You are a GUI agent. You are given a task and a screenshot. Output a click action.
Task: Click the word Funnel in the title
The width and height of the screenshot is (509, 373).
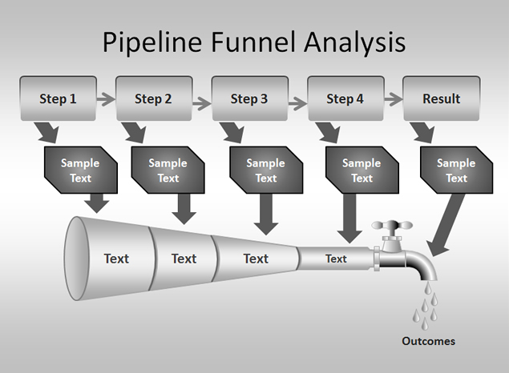[x=253, y=42]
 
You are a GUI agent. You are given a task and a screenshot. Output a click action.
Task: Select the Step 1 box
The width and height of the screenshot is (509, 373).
[x=58, y=98]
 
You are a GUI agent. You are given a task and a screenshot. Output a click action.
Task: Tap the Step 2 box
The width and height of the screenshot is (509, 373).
[x=154, y=98]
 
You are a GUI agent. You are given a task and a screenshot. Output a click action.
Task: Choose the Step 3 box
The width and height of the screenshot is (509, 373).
[x=249, y=98]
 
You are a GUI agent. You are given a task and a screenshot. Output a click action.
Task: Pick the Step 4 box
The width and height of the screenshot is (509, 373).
[x=345, y=98]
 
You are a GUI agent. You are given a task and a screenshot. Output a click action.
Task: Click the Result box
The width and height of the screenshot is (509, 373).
[x=442, y=98]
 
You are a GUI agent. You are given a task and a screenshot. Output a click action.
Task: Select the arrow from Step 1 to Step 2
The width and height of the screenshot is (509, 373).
[x=106, y=98]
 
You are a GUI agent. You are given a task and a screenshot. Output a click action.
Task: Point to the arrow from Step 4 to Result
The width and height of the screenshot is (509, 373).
[x=394, y=98]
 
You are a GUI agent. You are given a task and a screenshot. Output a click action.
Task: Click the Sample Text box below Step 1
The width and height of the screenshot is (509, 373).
[x=81, y=170]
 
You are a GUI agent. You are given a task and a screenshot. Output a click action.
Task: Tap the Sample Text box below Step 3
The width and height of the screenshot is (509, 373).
[x=266, y=170]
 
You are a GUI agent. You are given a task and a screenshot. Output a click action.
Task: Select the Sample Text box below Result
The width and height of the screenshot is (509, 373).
[x=456, y=170]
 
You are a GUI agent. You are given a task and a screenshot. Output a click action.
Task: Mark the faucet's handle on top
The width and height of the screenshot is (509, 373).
[x=392, y=226]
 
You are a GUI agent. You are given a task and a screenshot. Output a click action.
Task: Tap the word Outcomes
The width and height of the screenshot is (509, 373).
[x=429, y=341]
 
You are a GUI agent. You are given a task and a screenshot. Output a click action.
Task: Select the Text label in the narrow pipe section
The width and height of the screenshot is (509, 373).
[x=336, y=259]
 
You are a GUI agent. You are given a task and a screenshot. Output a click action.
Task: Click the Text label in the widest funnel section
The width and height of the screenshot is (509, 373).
[x=116, y=259]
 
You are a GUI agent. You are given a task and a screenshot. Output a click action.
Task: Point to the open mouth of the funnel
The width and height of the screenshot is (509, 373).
[x=77, y=259]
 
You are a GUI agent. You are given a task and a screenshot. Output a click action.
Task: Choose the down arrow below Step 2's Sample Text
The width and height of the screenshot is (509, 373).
[x=184, y=209]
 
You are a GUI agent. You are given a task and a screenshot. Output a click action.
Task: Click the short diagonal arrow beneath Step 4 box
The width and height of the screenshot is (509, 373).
[x=329, y=132]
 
